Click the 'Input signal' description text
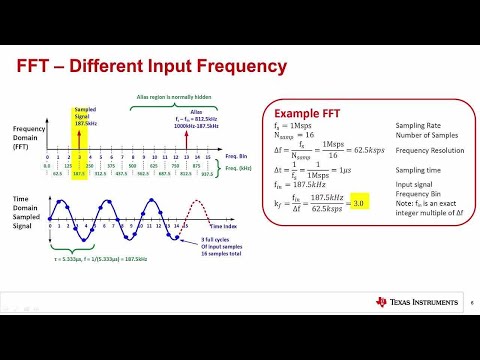pyautogui.click(x=414, y=185)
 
